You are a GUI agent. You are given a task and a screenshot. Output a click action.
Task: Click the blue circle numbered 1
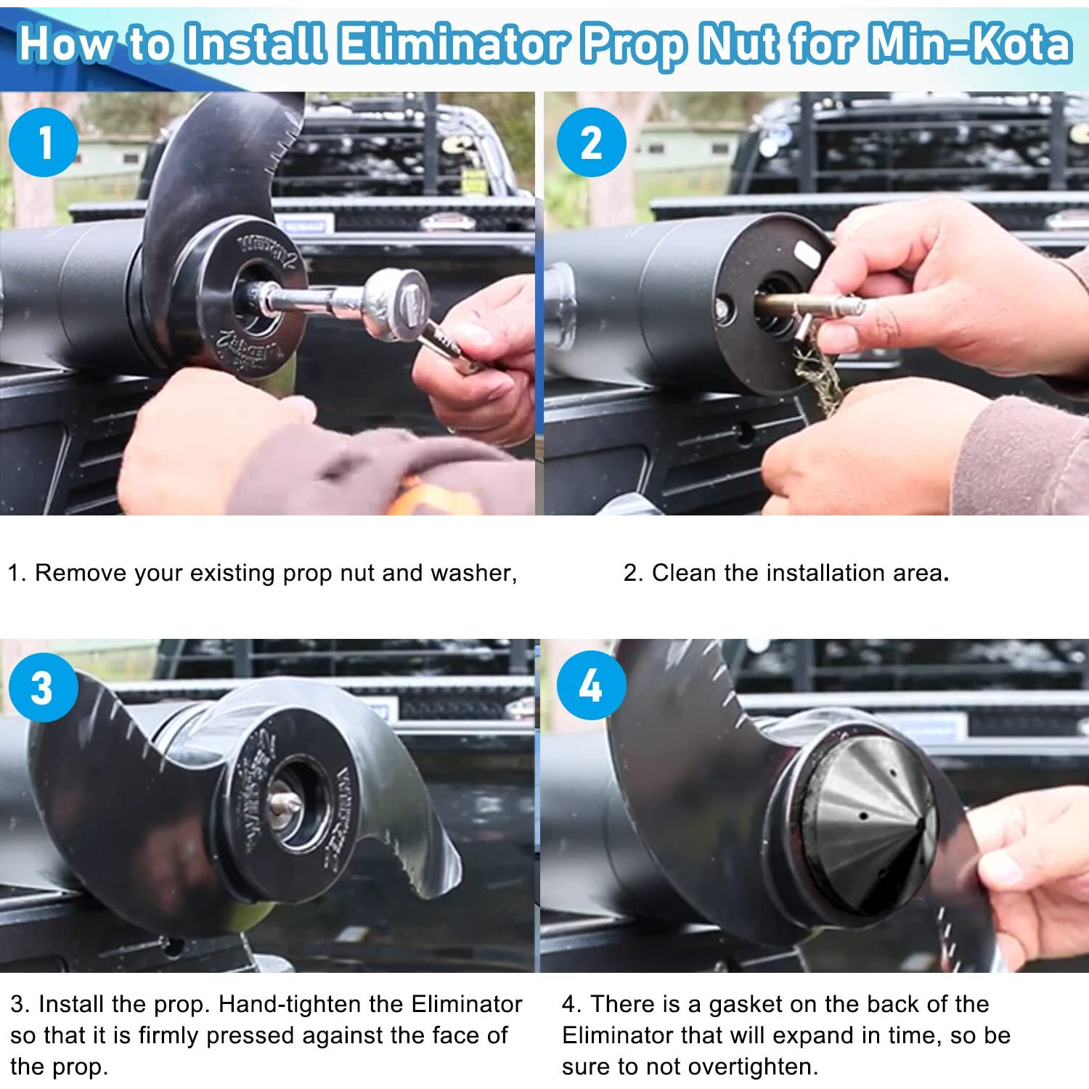(x=44, y=142)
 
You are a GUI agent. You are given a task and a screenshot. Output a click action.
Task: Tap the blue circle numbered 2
(x=591, y=142)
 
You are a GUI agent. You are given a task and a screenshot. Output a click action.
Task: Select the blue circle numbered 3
(x=43, y=688)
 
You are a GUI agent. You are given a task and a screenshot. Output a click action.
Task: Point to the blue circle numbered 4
(x=591, y=685)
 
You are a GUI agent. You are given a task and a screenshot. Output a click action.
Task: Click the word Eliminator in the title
(x=454, y=44)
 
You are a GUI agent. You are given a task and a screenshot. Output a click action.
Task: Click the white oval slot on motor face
(x=807, y=254)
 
